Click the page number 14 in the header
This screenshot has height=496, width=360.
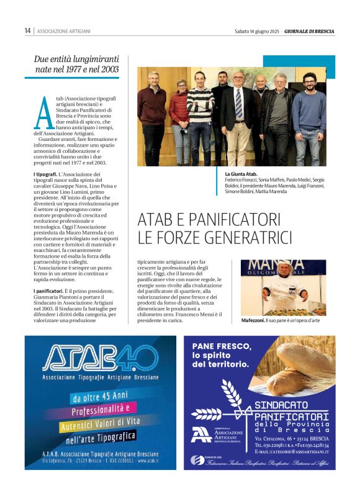(x=27, y=30)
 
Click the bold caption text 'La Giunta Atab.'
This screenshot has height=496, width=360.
(x=241, y=174)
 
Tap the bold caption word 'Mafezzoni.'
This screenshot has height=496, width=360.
(x=252, y=320)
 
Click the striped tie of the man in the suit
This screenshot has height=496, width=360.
(x=238, y=103)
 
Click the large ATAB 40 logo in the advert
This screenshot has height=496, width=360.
(x=99, y=358)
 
